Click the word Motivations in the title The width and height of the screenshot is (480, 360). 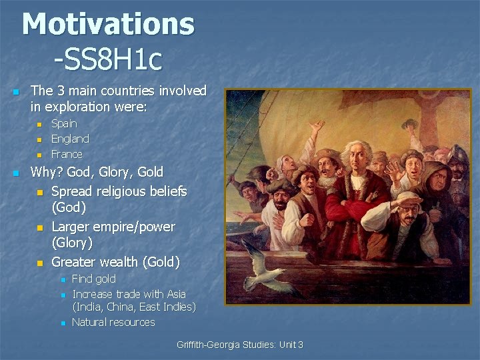click(x=108, y=25)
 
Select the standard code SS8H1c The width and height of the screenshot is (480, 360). click(x=108, y=59)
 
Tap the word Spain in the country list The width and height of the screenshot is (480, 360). click(x=64, y=123)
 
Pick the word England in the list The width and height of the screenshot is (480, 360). click(x=70, y=139)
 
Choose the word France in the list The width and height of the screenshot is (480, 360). click(x=67, y=154)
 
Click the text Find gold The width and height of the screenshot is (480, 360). click(x=93, y=279)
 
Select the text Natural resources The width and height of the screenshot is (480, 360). click(x=113, y=322)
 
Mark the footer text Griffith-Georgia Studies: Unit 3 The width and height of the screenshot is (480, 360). click(x=239, y=345)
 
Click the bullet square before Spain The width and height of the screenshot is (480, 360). click(x=39, y=124)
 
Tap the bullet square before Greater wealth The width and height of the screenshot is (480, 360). click(x=39, y=263)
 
